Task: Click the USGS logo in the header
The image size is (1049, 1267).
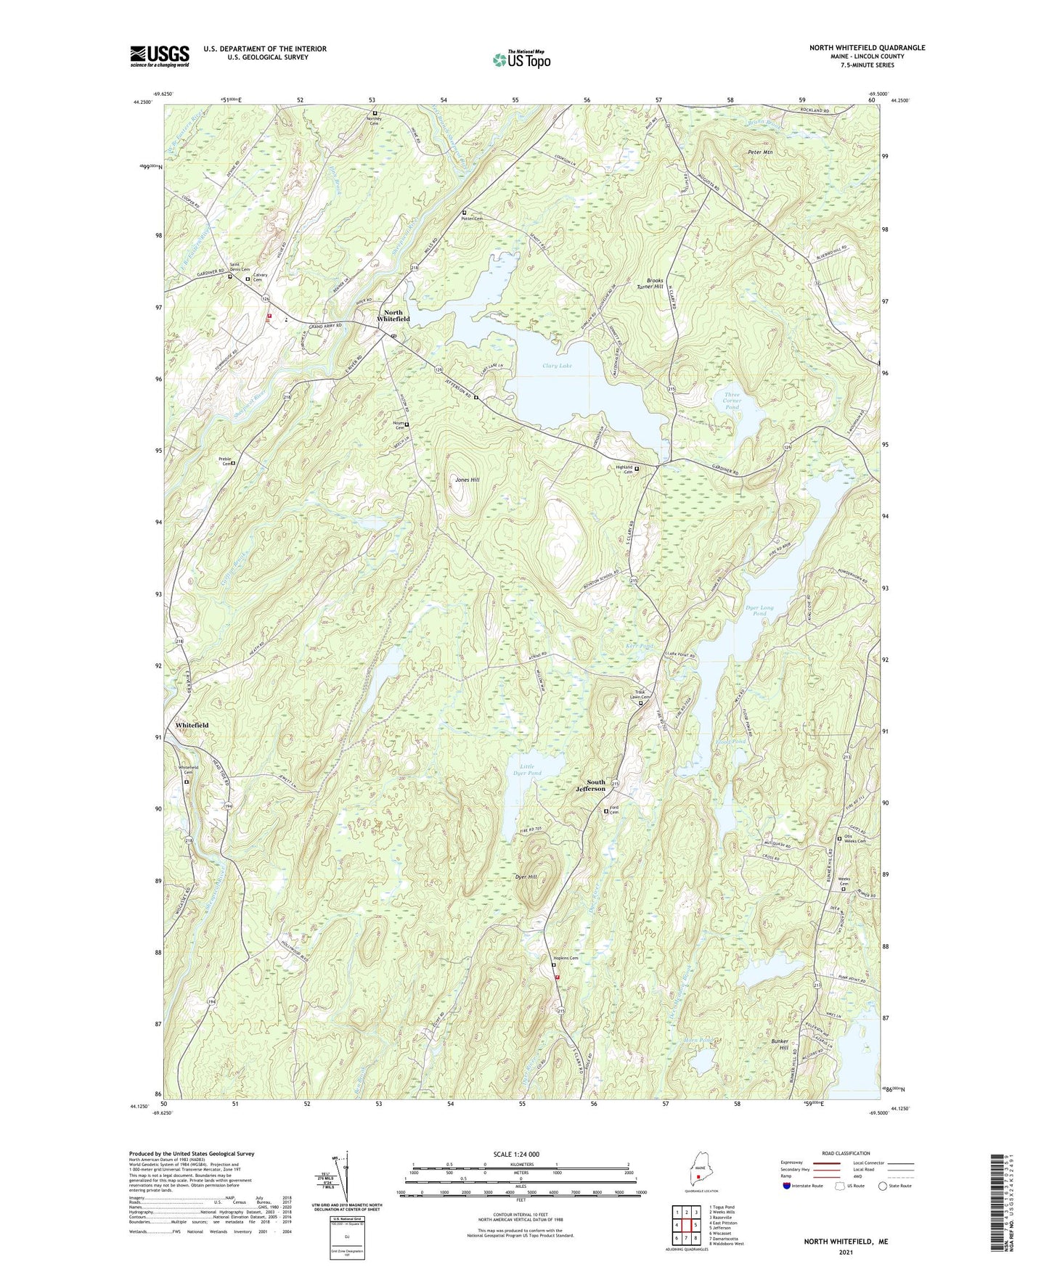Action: coord(160,56)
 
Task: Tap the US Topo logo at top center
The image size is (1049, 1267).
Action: coord(521,60)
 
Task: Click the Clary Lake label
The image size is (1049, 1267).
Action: coord(557,366)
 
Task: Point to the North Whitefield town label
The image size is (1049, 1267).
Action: coord(393,316)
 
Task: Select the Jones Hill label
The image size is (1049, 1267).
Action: coord(467,480)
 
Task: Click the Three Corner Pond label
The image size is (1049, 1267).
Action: coord(732,401)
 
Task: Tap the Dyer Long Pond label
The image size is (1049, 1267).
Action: coord(759,610)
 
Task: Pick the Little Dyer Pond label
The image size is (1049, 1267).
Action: coord(527,769)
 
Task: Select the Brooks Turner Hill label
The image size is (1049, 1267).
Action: coord(650,283)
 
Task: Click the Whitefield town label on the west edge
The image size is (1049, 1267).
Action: coord(192,725)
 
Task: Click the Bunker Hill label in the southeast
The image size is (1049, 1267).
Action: coord(779,1044)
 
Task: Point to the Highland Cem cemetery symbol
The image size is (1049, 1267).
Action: coord(637,469)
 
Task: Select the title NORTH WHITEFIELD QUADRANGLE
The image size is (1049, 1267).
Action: coord(867,48)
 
